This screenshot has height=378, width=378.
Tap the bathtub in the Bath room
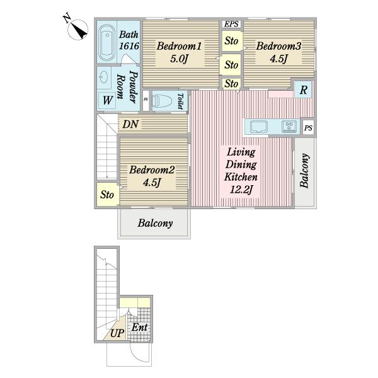[107, 43]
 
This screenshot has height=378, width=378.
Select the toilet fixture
[162, 101]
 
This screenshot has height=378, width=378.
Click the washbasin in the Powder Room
[104, 77]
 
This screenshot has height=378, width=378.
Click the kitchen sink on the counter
[259, 127]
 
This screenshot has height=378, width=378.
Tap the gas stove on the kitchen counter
[289, 127]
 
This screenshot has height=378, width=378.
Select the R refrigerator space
[304, 89]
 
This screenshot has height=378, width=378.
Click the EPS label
[231, 24]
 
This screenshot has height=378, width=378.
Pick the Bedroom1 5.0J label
[179, 52]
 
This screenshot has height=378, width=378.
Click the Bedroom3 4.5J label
[278, 52]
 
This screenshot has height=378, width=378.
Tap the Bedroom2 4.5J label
[152, 176]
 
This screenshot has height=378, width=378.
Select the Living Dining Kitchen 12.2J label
[241, 171]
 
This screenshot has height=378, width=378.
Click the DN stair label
[130, 124]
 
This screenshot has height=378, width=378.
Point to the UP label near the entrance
[117, 333]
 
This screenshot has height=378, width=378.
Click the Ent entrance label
[140, 328]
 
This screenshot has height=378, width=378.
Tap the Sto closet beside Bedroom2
[108, 194]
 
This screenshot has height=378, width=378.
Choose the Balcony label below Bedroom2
[155, 223]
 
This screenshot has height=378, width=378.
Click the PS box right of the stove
[308, 127]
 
